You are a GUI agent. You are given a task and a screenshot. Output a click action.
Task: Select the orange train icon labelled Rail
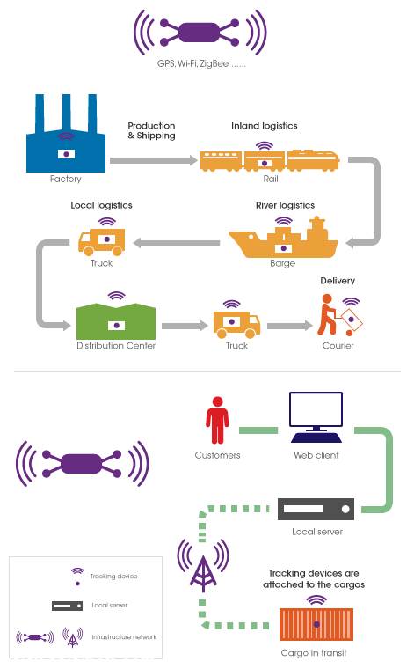(x=270, y=160)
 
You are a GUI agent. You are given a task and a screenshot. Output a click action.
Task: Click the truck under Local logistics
(x=101, y=242)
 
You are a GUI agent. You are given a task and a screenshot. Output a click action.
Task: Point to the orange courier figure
(x=329, y=315)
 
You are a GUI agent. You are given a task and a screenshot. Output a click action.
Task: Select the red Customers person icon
(x=217, y=420)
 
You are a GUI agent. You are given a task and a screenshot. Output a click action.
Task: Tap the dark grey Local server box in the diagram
(x=316, y=509)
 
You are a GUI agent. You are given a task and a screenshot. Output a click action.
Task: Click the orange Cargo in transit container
(x=316, y=625)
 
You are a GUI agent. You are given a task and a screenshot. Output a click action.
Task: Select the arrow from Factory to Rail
(x=153, y=160)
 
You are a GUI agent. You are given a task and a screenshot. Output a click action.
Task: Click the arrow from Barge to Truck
(x=177, y=243)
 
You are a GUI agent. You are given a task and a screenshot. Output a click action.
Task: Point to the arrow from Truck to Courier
(x=290, y=326)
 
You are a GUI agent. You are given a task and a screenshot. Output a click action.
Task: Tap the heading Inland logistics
(x=265, y=126)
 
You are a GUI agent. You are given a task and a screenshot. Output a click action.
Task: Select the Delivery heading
(x=338, y=281)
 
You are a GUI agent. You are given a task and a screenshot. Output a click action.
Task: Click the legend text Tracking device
(x=113, y=577)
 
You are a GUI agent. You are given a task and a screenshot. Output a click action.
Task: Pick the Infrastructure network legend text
(x=124, y=637)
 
